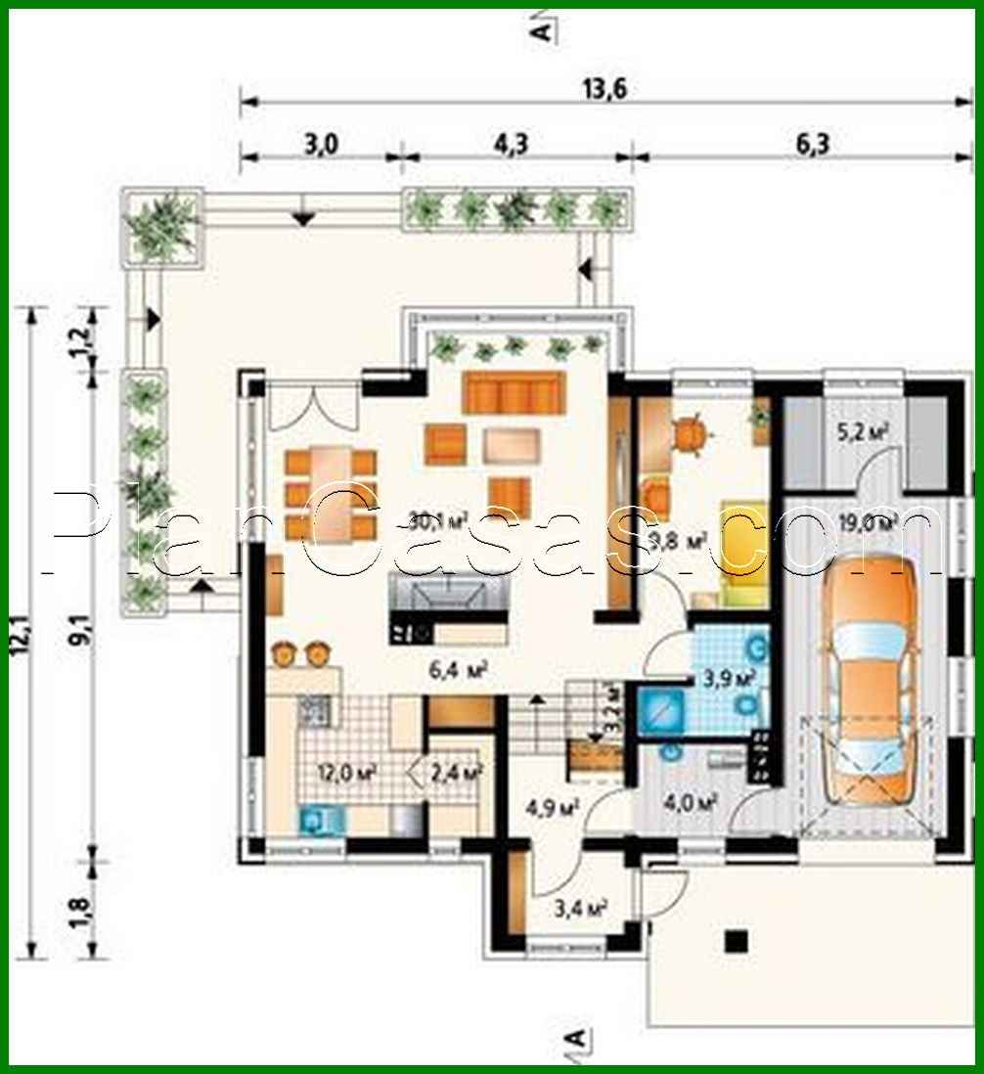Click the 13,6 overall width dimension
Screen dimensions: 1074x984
[604, 89]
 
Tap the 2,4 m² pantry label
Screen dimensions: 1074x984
[457, 773]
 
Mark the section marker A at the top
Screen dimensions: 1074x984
[540, 29]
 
